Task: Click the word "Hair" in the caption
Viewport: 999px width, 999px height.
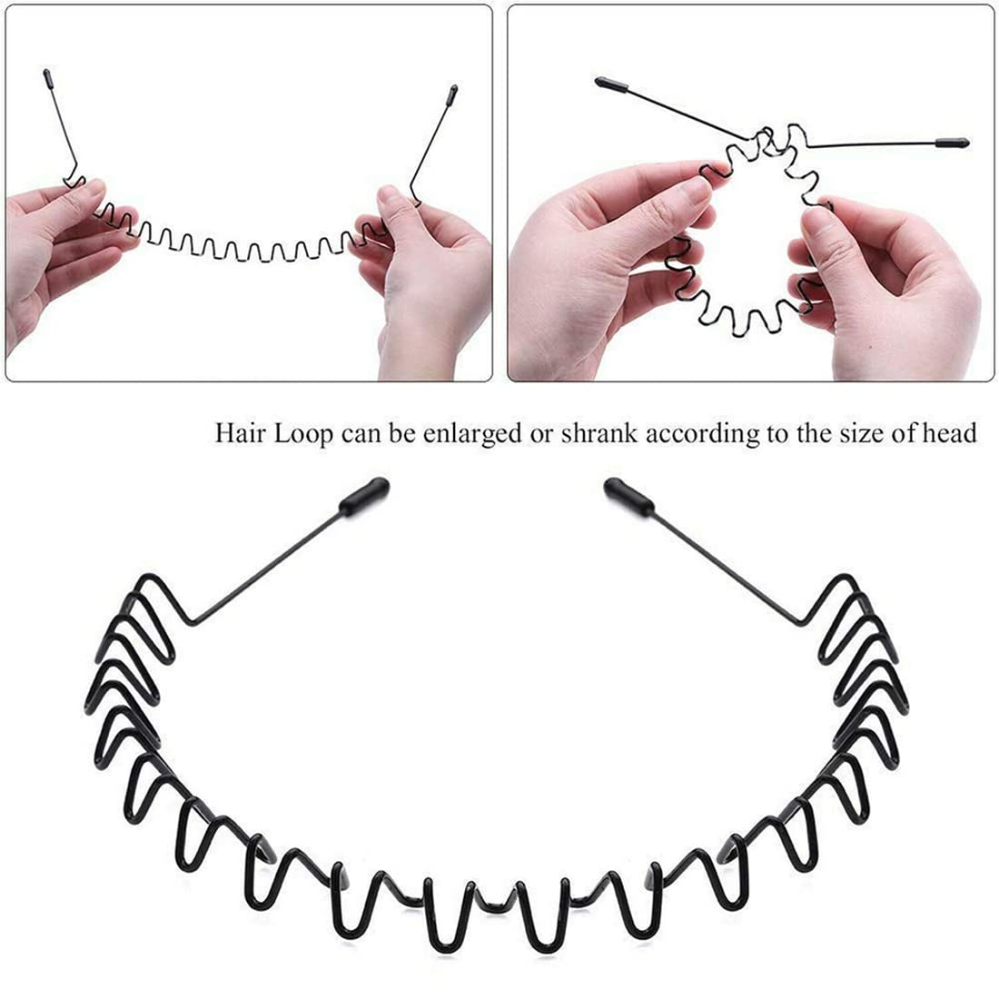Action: point(238,434)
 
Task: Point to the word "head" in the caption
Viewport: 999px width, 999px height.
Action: point(953,434)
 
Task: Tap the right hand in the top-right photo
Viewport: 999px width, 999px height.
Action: point(890,291)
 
